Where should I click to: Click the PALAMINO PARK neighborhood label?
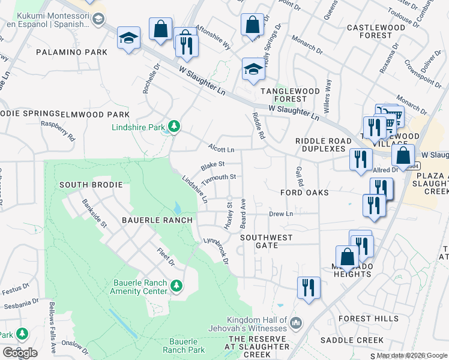tap(71, 52)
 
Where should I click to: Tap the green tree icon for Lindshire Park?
tap(173, 126)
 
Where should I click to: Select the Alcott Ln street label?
tap(221, 148)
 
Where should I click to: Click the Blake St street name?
tap(212, 164)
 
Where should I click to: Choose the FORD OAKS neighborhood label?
tap(304, 193)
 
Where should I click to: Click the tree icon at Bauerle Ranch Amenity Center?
tap(176, 284)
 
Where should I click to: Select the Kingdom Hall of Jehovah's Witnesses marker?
tap(295, 324)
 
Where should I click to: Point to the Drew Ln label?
tap(280, 214)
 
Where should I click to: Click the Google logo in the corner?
tap(19, 352)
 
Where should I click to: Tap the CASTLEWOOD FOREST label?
tap(376, 31)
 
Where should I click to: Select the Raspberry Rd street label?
tap(58, 130)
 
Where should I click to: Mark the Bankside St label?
tap(94, 214)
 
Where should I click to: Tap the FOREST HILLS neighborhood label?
tap(367, 318)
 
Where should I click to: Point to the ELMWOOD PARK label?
tap(100, 114)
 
